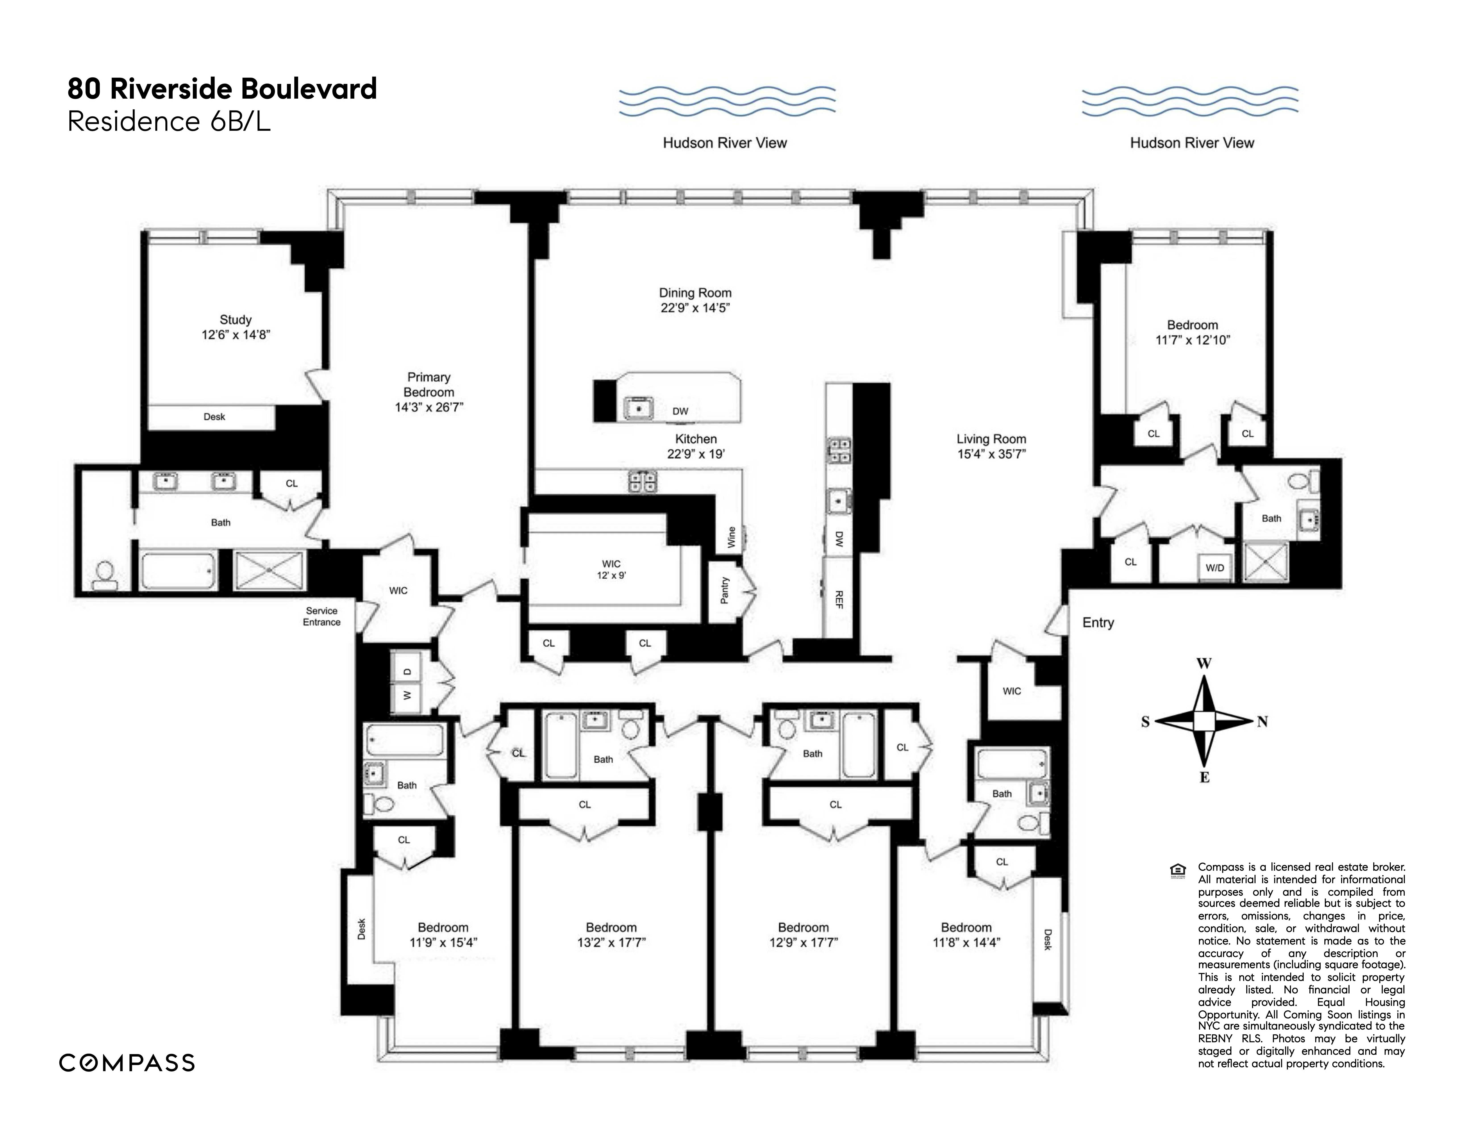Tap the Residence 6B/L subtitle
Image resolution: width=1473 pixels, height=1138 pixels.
169,122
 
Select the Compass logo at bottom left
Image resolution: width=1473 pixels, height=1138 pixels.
127,1063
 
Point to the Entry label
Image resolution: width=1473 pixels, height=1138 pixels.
1097,623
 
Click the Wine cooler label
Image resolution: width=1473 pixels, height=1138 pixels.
731,537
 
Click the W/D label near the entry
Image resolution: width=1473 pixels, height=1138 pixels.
1215,568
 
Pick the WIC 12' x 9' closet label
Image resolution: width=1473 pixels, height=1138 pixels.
611,570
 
